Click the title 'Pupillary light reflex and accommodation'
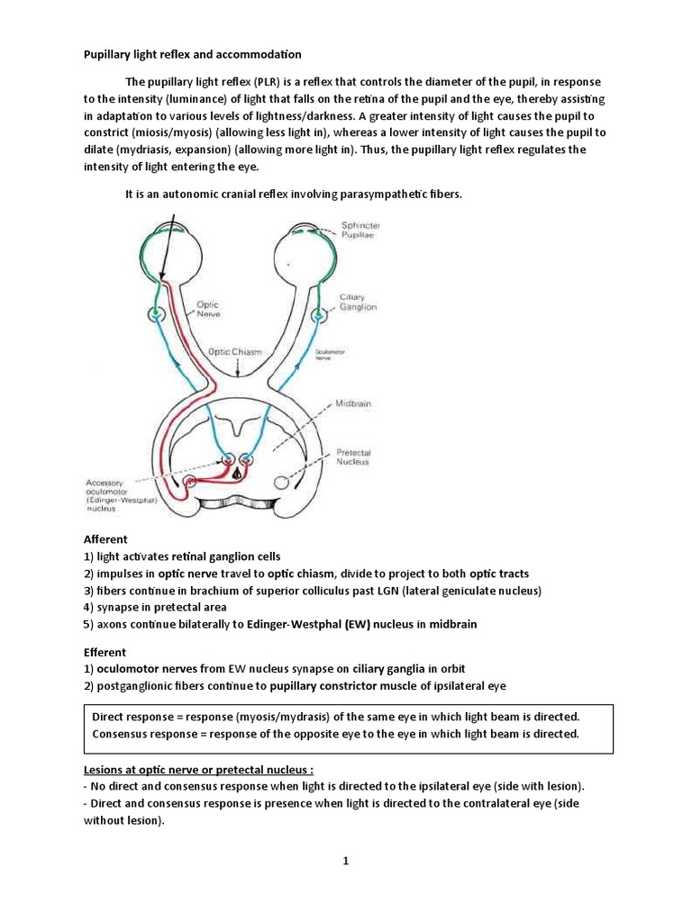click(193, 55)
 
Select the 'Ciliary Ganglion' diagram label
click(358, 302)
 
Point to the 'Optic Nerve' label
click(208, 311)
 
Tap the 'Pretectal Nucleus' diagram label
click(353, 457)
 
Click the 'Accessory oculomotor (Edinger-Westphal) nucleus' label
click(113, 495)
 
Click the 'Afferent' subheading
click(105, 539)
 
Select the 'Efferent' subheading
click(105, 652)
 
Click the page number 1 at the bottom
click(345, 861)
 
